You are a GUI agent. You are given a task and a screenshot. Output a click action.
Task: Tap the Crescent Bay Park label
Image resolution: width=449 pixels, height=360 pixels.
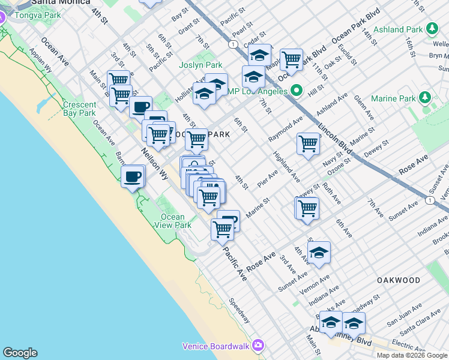point(79,109)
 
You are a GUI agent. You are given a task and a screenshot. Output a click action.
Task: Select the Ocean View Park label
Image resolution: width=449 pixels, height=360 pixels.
point(175,221)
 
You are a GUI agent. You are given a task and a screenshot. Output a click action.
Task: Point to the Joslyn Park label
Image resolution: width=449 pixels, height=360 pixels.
point(200,65)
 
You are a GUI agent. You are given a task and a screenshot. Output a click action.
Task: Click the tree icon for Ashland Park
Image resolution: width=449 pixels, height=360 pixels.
point(431,28)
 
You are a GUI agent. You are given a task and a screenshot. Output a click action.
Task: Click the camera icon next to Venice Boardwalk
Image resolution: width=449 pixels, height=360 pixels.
point(258,345)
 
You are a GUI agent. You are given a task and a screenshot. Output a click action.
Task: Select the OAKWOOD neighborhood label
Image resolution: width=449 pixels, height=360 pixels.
point(399,280)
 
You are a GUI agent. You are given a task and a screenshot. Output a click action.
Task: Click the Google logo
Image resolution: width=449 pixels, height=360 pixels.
point(20,353)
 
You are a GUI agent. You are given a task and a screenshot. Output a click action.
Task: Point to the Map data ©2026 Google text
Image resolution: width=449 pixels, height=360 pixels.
point(412,355)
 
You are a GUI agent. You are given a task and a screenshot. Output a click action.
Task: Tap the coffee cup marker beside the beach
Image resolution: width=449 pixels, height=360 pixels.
point(133,178)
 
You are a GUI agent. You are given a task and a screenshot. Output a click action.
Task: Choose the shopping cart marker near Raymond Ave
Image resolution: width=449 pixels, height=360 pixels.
point(308,144)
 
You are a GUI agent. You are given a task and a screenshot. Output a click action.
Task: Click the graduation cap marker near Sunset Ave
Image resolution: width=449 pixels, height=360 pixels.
point(319,253)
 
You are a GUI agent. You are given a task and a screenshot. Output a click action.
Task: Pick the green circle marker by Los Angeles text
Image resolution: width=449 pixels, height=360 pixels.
point(296,91)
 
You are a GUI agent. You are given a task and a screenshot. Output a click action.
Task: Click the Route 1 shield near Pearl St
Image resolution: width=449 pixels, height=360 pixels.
point(232,44)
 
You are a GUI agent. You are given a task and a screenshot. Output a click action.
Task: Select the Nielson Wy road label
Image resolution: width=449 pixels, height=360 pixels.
point(154,164)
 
